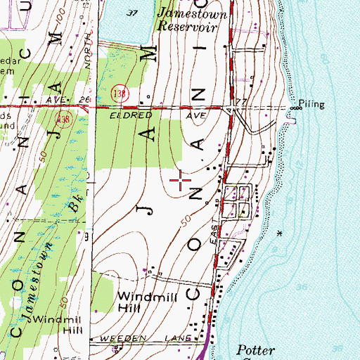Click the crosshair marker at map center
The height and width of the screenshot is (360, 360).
[181, 181]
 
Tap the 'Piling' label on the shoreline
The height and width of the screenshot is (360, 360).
[311, 104]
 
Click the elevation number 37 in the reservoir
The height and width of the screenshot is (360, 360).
[131, 13]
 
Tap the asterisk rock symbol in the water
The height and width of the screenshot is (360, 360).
[282, 233]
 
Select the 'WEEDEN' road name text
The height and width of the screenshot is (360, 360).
[124, 338]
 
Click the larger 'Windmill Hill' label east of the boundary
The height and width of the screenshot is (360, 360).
[139, 302]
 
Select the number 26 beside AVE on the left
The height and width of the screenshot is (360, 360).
[84, 100]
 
